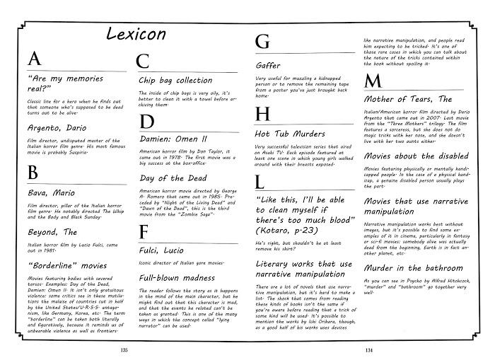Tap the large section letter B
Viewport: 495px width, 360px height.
click(33, 172)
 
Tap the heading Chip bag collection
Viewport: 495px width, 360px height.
click(175, 80)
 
